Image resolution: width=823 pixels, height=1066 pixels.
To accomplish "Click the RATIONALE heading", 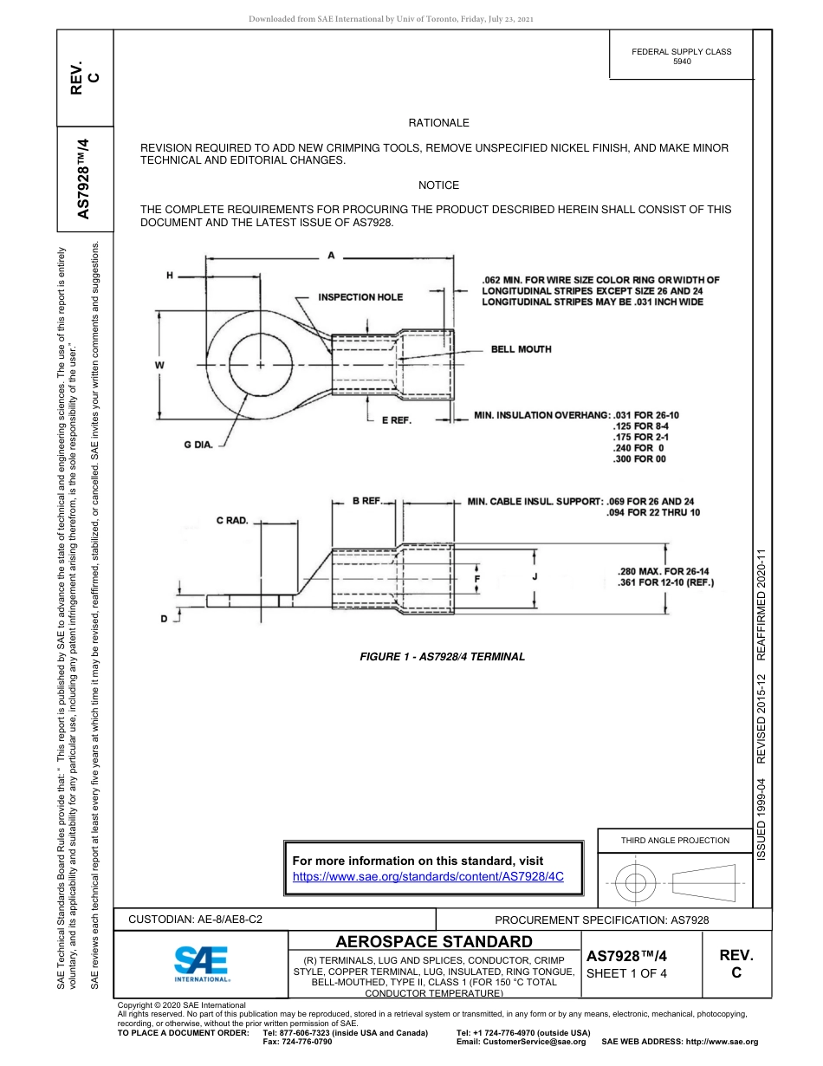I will pyautogui.click(x=438, y=124).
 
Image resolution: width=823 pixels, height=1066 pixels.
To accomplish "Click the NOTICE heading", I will pyautogui.click(x=438, y=185).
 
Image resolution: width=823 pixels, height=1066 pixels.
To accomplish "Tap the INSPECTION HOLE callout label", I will pyautogui.click(x=360, y=297).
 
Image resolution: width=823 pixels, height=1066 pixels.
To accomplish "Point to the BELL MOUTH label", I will pyautogui.click(x=521, y=349).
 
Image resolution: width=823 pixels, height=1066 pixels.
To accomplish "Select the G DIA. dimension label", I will pyautogui.click(x=198, y=445).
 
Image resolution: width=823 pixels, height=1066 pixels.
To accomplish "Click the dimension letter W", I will pyautogui.click(x=159, y=366).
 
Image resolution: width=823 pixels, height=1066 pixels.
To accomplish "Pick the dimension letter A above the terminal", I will pyautogui.click(x=331, y=256).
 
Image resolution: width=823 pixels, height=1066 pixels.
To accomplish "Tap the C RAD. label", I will pyautogui.click(x=232, y=521).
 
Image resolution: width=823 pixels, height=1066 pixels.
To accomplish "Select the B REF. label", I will pyautogui.click(x=367, y=501).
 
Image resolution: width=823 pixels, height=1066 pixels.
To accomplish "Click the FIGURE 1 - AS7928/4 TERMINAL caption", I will pyautogui.click(x=442, y=657).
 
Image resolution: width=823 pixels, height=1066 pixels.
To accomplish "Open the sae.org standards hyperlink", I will pyautogui.click(x=429, y=876).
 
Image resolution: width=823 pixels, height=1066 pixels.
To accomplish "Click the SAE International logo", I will pyautogui.click(x=201, y=963).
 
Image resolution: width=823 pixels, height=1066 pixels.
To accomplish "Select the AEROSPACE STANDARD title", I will pyautogui.click(x=433, y=942).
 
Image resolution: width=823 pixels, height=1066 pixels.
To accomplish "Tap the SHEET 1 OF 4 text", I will pyautogui.click(x=627, y=973).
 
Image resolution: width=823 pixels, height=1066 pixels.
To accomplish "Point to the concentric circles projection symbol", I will pyautogui.click(x=636, y=884).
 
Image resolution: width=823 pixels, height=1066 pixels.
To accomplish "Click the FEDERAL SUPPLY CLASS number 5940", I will pyautogui.click(x=681, y=62).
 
